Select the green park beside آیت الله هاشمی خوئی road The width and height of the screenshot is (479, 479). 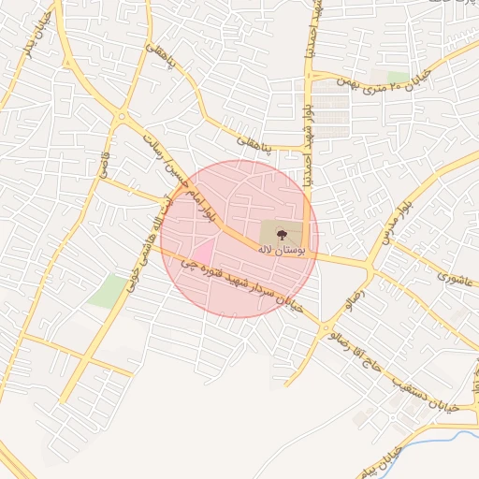point(107,291)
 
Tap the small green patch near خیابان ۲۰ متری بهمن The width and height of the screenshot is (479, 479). point(397,77)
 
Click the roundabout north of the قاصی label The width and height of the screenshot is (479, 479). point(121,117)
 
